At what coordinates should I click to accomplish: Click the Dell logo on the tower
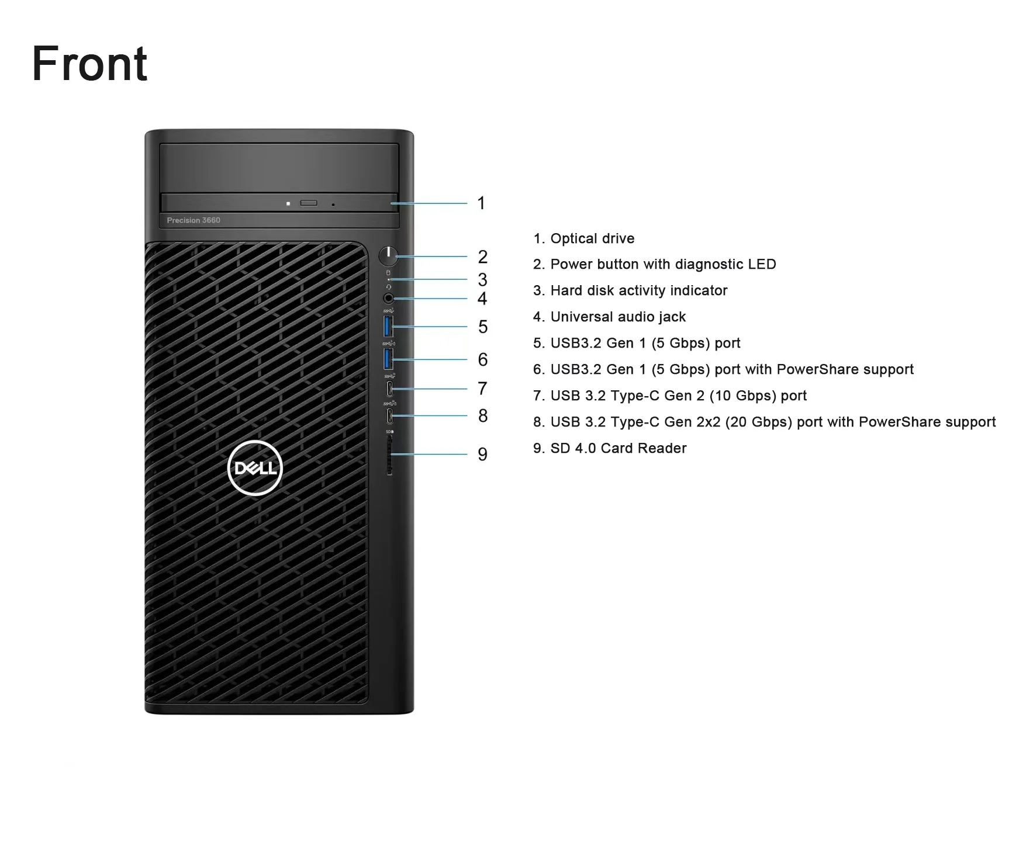point(255,468)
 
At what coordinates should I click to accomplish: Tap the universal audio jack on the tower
point(388,299)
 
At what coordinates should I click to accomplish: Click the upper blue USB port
point(388,326)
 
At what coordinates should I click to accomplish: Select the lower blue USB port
point(388,358)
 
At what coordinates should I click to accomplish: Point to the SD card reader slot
point(389,455)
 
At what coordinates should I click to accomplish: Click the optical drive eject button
point(309,203)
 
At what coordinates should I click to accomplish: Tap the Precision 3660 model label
point(193,220)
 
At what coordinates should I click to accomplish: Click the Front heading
point(89,64)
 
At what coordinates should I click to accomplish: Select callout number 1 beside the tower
point(481,203)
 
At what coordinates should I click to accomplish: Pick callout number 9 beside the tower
point(482,454)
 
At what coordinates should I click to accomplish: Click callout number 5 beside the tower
point(482,327)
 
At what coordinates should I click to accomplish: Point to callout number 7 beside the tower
point(482,389)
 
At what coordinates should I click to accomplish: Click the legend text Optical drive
point(592,238)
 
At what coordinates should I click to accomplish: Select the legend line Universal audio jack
point(617,317)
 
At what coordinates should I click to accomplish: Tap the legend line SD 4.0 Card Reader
point(618,448)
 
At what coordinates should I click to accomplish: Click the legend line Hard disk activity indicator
point(638,290)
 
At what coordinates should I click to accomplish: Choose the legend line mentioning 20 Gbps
point(772,422)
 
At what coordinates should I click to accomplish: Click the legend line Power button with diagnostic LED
point(662,264)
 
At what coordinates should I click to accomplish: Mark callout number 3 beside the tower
point(482,279)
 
